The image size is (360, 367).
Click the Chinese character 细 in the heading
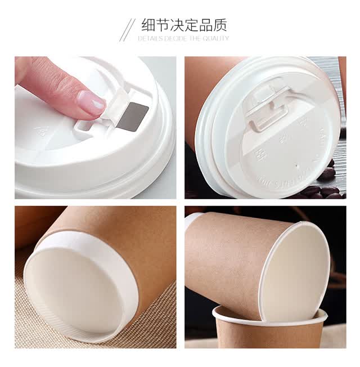(148, 25)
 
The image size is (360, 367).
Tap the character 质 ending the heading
(220, 25)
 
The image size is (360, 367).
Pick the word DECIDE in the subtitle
(176, 38)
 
